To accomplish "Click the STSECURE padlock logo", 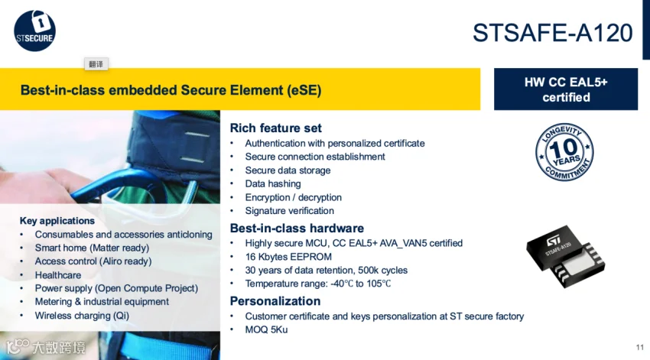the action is [34, 31].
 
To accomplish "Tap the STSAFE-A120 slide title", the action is [553, 33].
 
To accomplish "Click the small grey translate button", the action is [96, 64].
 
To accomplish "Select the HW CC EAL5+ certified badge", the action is [566, 89].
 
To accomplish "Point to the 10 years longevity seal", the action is [564, 152].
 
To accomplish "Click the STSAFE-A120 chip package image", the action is [565, 257].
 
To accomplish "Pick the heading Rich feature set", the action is [275, 128].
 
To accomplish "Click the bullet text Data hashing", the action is [273, 184].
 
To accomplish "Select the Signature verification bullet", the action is [289, 211].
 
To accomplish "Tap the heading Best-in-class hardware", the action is [297, 229].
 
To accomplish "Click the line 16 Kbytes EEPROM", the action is [288, 257].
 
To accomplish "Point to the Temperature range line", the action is [318, 284].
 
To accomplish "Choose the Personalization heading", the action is [275, 301].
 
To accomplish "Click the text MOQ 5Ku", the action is [266, 329].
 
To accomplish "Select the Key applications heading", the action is [57, 221].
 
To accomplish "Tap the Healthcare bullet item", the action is [58, 275].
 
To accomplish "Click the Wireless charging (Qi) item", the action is [82, 316].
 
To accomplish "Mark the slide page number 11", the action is [639, 348].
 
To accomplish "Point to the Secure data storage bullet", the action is [288, 170].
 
